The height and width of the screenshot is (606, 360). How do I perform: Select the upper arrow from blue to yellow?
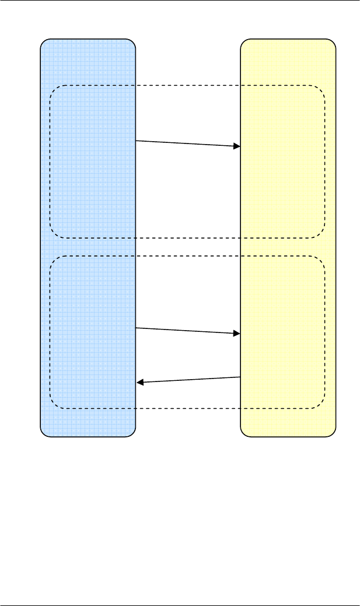tap(188, 143)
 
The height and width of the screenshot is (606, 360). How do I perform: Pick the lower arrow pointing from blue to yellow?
tap(188, 331)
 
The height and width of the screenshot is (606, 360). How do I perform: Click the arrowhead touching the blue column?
tap(139, 383)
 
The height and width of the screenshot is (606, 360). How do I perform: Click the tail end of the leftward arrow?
tap(240, 377)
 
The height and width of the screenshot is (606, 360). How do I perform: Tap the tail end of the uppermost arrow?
tap(136, 141)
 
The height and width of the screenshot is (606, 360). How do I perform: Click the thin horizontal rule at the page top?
tap(180, 1)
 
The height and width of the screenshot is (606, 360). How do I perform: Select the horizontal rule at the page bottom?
tap(180, 605)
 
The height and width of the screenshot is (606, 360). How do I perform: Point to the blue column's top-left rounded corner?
tap(43, 43)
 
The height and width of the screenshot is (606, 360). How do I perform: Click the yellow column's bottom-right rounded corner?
tap(333, 432)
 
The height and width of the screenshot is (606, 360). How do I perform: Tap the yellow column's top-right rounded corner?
tap(333, 43)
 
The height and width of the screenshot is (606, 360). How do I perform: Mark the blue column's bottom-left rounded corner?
tap(43, 432)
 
